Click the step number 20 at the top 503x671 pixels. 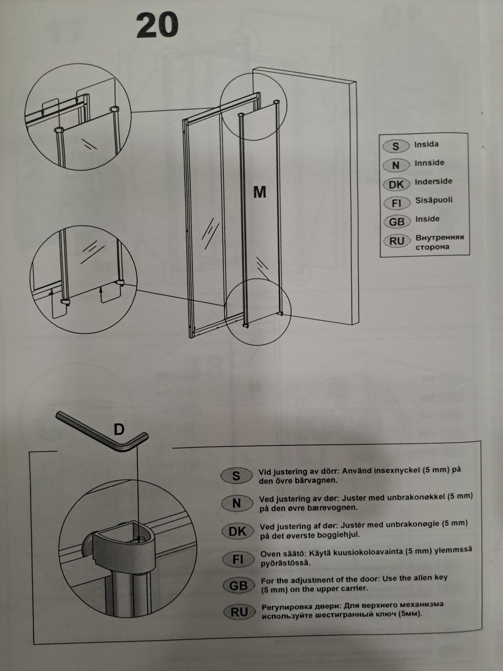click(157, 25)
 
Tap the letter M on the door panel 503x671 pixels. click(259, 192)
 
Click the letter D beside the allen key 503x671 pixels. click(119, 429)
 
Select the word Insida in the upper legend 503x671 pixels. click(427, 144)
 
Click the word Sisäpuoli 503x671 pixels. click(434, 200)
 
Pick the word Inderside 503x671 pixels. click(433, 181)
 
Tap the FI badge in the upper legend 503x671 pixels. click(397, 203)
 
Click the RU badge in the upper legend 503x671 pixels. click(397, 241)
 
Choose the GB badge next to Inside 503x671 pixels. click(397, 222)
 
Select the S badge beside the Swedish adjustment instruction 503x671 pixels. click(236, 475)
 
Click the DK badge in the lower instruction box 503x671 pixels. click(237, 532)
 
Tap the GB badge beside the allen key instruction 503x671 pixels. click(238, 586)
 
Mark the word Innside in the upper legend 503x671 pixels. click(429, 163)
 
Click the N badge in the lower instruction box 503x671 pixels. click(237, 503)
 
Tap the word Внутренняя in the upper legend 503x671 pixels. click(440, 237)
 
